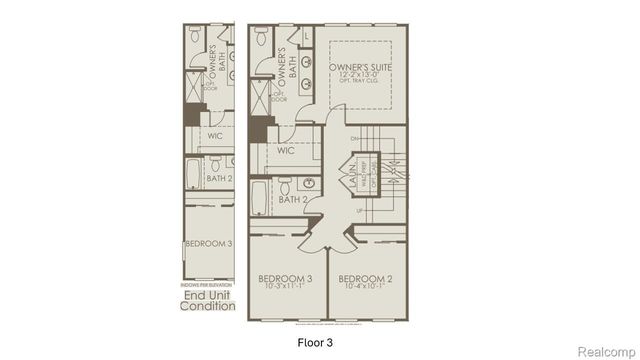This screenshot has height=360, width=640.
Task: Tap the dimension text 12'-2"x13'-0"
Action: click(x=366, y=77)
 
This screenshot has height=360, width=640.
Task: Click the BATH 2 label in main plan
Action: click(x=293, y=200)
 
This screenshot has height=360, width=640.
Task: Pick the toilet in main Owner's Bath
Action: click(x=259, y=38)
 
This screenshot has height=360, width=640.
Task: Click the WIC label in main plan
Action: click(x=285, y=151)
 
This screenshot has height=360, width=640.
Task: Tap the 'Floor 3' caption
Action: click(x=316, y=341)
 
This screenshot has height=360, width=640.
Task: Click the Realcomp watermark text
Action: click(x=607, y=349)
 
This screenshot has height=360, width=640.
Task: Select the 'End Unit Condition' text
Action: click(x=207, y=300)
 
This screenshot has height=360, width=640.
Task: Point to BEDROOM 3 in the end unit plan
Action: click(x=208, y=243)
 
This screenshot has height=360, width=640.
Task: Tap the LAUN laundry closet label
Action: click(x=352, y=177)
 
